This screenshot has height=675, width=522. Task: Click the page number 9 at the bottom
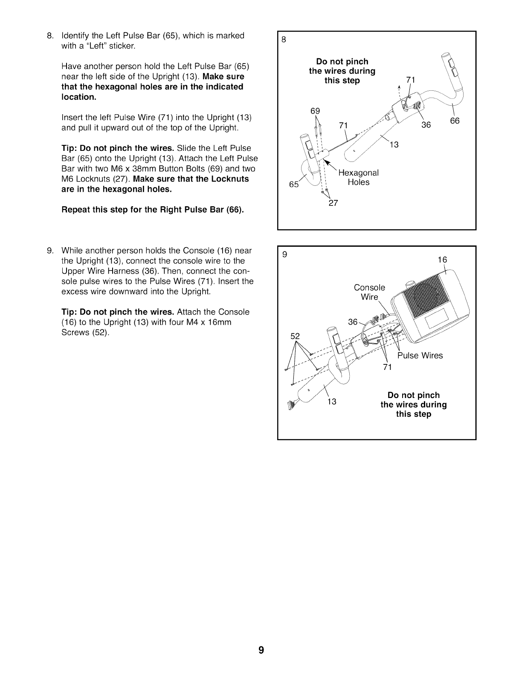[x=261, y=650]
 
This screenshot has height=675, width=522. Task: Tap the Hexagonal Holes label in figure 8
[x=358, y=177]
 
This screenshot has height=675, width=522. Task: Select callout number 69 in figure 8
[x=315, y=111]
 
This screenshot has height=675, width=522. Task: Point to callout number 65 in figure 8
[x=294, y=184]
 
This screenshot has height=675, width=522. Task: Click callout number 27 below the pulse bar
[x=333, y=203]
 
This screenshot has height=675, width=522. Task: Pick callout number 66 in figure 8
[x=455, y=121]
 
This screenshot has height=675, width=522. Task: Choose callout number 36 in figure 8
[x=426, y=124]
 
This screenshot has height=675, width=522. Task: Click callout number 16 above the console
[x=442, y=260]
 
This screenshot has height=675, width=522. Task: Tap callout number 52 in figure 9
[x=295, y=336]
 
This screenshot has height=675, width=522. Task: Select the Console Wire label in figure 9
[x=369, y=292]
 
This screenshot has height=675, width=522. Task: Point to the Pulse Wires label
[x=420, y=355]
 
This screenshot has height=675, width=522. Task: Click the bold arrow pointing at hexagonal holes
[x=329, y=165]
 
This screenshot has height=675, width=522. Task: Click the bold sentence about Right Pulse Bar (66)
[x=153, y=210]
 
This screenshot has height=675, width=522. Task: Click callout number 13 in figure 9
[x=332, y=401]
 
